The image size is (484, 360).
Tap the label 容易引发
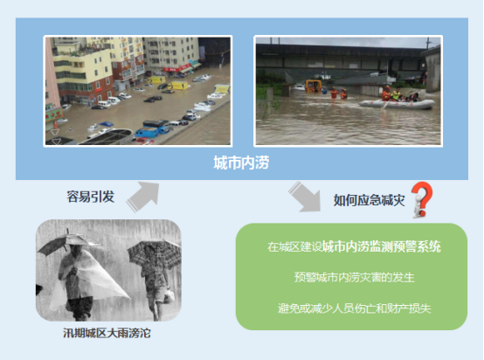click(x=90, y=197)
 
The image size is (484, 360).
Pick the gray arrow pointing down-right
click(x=307, y=197)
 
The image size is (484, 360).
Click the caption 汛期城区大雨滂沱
click(x=107, y=333)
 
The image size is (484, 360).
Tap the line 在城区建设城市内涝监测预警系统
click(x=353, y=247)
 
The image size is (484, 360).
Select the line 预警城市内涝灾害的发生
click(x=353, y=278)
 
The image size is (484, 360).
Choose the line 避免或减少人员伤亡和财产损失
click(x=353, y=308)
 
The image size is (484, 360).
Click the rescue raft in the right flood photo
click(x=398, y=104)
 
